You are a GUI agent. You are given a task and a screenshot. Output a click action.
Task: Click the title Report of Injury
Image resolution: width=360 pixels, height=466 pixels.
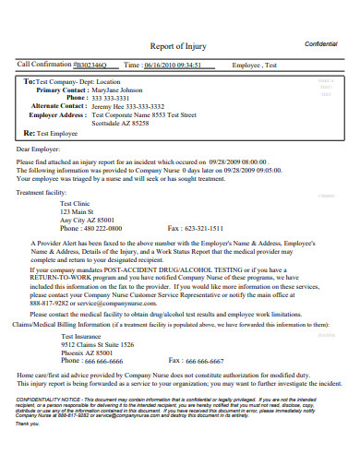(179, 45)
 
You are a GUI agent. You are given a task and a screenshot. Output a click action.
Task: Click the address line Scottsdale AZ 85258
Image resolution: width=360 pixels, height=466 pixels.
(114, 123)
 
